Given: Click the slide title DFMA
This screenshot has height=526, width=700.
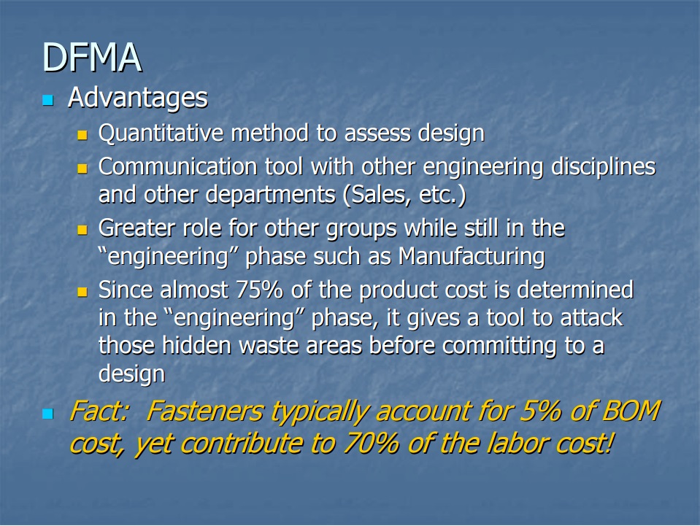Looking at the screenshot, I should [91, 58].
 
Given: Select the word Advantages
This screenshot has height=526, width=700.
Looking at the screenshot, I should [137, 98].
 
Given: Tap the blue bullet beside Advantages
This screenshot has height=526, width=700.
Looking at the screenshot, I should [49, 101].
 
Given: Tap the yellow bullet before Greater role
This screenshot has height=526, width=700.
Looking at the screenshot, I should [82, 231].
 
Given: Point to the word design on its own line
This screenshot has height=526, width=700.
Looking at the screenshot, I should [132, 374].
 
